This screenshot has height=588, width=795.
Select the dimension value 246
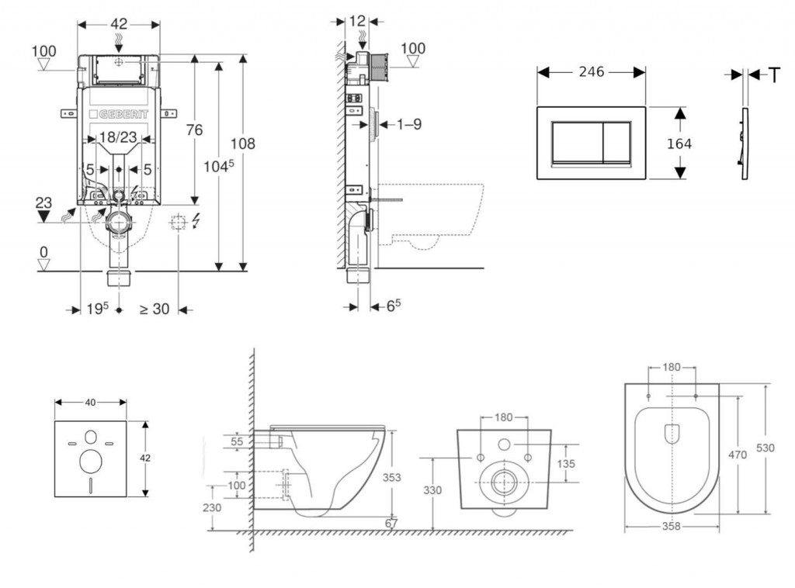pyautogui.click(x=592, y=72)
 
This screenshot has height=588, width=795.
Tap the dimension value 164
pyautogui.click(x=679, y=144)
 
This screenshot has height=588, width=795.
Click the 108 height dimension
pyautogui.click(x=243, y=144)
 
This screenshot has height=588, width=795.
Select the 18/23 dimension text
pyautogui.click(x=119, y=137)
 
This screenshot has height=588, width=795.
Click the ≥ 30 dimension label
pyautogui.click(x=154, y=309)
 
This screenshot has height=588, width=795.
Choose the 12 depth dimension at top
pyautogui.click(x=357, y=21)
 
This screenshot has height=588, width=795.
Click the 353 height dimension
pyautogui.click(x=392, y=478)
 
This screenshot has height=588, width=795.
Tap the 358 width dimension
pyautogui.click(x=672, y=526)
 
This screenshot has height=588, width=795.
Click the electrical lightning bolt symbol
pyautogui.click(x=195, y=223)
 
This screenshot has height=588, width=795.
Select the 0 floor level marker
pyautogui.click(x=44, y=252)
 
